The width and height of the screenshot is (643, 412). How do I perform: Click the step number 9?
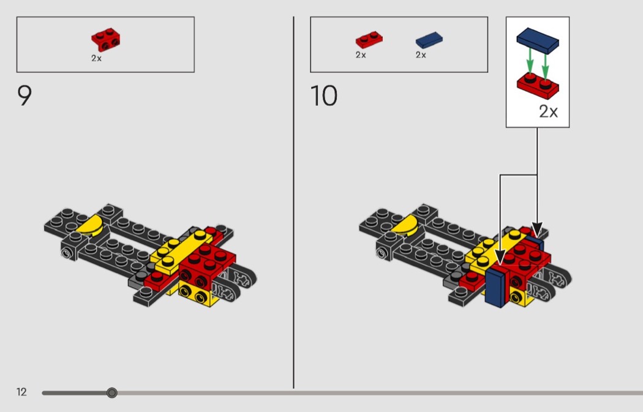click(x=24, y=96)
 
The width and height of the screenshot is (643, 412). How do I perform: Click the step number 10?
click(x=324, y=96)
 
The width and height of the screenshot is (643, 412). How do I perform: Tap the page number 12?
click(x=21, y=392)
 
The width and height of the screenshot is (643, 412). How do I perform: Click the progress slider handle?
click(x=111, y=393)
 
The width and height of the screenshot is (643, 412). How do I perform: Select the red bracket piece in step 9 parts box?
click(x=105, y=39)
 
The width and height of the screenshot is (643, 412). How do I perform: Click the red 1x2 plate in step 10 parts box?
click(x=369, y=40)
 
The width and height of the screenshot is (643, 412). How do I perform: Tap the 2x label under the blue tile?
click(x=421, y=55)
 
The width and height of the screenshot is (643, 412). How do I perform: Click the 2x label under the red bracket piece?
click(x=96, y=58)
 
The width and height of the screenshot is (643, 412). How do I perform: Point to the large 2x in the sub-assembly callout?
click(x=548, y=111)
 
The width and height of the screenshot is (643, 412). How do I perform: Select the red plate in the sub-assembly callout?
click(x=538, y=86)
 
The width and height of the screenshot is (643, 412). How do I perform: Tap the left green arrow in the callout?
click(x=530, y=60)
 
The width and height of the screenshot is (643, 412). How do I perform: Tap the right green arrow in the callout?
click(x=545, y=65)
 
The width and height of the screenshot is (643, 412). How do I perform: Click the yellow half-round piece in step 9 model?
click(x=91, y=226)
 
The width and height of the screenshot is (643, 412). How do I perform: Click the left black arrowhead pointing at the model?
click(x=500, y=258)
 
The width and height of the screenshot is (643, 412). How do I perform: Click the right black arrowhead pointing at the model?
click(x=537, y=230)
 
